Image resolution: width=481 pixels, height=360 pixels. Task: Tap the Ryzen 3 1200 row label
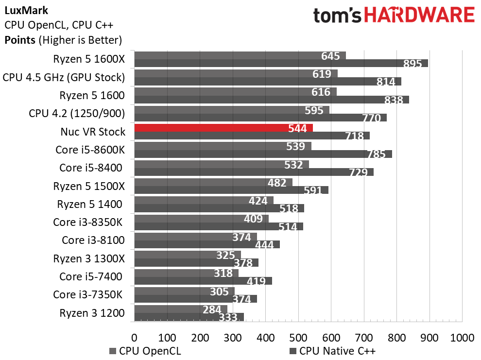pos(92,313)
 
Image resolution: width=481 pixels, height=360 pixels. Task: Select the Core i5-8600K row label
pos(90,150)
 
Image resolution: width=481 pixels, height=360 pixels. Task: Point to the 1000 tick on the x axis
pos(462,337)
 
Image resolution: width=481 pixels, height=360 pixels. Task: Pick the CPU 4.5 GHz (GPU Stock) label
pos(64,77)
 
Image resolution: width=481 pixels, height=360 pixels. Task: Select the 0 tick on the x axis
pos(135,337)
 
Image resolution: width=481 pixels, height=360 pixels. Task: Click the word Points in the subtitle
pos(20,40)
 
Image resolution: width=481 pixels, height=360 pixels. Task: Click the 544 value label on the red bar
pos(297,128)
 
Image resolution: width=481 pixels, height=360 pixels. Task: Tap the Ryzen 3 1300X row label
pos(89,258)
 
